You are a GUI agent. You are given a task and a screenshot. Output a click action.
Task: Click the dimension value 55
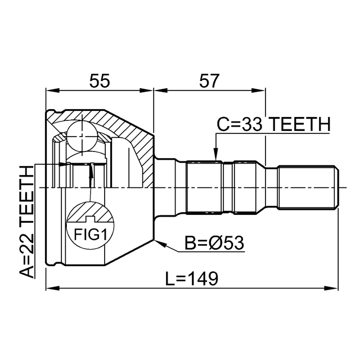coord(100,81)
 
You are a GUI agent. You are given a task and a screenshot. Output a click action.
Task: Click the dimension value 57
coord(209,81)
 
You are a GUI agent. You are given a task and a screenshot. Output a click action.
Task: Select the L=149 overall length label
coord(192,278)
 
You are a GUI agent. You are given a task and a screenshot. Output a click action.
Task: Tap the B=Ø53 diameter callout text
coord(214,243)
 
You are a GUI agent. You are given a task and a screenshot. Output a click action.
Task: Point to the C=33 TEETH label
coord(273,124)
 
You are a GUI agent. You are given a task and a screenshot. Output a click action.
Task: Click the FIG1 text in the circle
coord(90,235)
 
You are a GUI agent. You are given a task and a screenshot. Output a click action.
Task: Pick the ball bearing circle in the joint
coord(82,136)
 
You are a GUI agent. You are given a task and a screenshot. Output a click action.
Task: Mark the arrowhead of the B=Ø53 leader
coord(160,243)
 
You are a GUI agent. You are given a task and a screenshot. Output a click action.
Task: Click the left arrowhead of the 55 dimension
coord(52,90)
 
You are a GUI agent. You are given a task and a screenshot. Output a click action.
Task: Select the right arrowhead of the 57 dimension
coord(259,90)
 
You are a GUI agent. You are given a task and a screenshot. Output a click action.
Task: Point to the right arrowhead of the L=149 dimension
coord(331,288)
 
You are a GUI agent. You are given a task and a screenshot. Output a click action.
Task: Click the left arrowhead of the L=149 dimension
coord(52,288)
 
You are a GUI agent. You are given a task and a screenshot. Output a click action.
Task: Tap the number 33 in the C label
coord(252,124)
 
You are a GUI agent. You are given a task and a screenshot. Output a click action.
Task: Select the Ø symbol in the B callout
coord(217,243)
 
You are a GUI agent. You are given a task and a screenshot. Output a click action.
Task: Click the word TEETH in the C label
coord(299,124)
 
